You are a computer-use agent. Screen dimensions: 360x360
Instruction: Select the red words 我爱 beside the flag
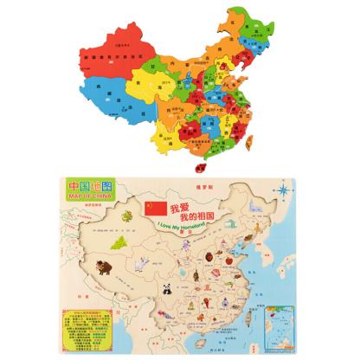point(179,208)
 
